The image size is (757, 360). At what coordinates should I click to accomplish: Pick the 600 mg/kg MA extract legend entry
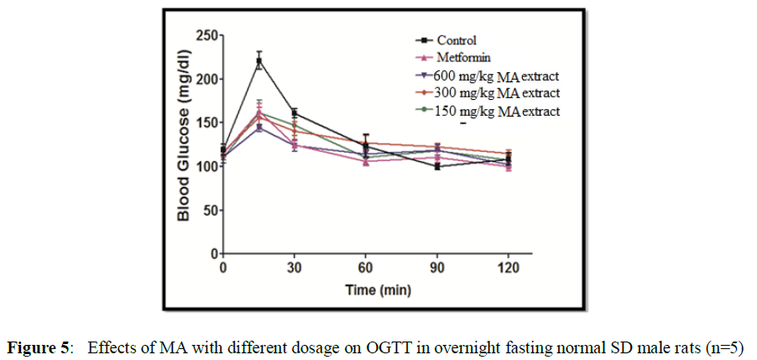[x=495, y=76]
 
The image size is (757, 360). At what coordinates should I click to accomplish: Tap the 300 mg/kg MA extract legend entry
[x=495, y=92]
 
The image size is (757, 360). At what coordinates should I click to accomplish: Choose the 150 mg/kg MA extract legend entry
[x=495, y=110]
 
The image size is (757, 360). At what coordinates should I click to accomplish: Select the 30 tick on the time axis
[x=295, y=268]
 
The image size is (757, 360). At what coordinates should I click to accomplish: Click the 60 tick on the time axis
[x=366, y=268]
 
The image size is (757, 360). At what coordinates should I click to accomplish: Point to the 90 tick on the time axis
[x=437, y=268]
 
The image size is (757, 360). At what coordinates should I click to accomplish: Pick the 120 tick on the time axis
[x=509, y=268]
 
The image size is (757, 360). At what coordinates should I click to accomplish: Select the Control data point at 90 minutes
[x=437, y=166]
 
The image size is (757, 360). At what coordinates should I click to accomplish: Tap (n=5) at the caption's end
[x=726, y=347]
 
